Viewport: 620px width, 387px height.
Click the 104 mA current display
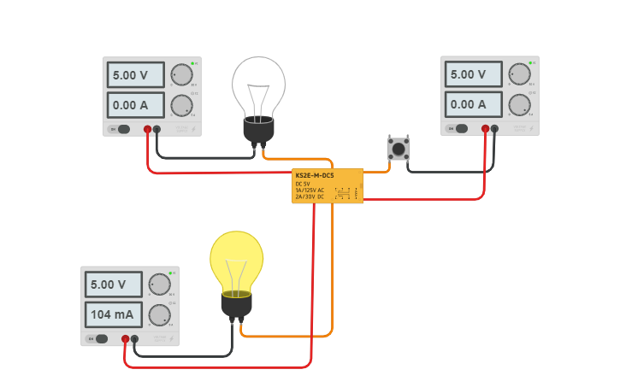(x=114, y=314)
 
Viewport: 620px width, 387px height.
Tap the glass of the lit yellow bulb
(x=237, y=259)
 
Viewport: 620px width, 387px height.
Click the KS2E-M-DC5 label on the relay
(x=314, y=175)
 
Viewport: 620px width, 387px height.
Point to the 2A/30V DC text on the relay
(x=310, y=196)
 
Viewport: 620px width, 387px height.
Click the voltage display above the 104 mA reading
(x=114, y=284)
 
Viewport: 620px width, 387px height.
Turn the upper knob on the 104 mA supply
(x=159, y=284)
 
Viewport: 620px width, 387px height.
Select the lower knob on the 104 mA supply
(x=159, y=315)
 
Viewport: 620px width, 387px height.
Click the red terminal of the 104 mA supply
(x=126, y=339)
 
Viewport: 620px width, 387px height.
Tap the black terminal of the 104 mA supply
(x=135, y=339)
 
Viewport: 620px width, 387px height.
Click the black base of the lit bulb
(x=237, y=304)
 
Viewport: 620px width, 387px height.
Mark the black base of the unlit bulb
(x=258, y=131)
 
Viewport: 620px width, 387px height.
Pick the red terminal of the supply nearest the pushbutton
(x=485, y=129)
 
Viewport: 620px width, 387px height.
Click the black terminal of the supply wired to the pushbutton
(x=494, y=129)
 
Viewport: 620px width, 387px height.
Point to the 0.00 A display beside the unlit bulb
(x=135, y=105)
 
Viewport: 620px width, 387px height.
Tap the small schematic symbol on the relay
(x=344, y=193)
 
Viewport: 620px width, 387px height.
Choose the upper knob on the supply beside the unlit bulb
(x=180, y=74)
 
